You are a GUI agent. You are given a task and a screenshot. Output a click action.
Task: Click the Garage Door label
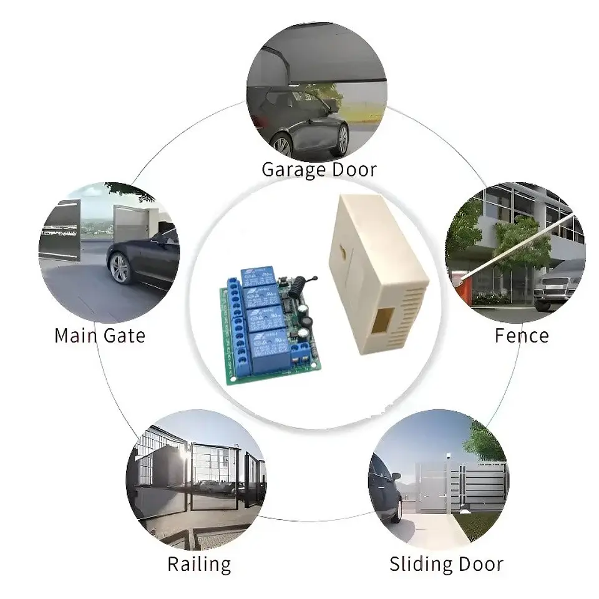pyautogui.click(x=319, y=170)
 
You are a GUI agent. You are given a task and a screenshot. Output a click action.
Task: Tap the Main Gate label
pyautogui.click(x=100, y=336)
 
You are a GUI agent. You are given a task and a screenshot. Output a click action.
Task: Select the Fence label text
pyautogui.click(x=522, y=336)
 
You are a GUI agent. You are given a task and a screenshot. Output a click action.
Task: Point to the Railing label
pyautogui.click(x=200, y=565)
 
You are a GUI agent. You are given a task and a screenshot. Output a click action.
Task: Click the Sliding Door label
pyautogui.click(x=447, y=564)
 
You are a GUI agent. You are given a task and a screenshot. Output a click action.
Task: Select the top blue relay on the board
pyautogui.click(x=257, y=276)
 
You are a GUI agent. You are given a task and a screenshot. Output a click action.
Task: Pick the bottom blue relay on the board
pyautogui.click(x=270, y=351)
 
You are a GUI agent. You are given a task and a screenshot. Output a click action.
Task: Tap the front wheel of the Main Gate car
pyautogui.click(x=120, y=268)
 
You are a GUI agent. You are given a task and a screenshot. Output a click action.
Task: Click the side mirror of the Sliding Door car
pyautogui.click(x=396, y=476)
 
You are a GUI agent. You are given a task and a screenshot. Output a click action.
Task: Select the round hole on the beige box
pyautogui.click(x=343, y=253)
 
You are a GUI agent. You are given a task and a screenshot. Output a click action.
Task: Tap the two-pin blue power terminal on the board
pyautogui.click(x=300, y=353)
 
